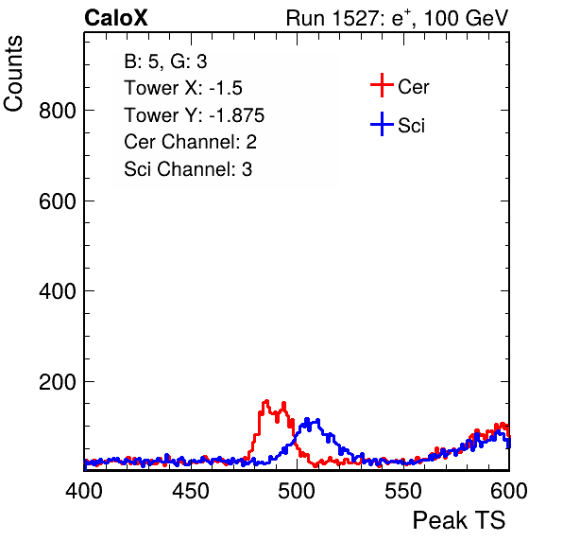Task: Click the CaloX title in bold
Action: point(116,18)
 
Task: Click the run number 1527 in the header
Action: point(355,18)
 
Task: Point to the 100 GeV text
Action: point(466,18)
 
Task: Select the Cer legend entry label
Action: point(413,87)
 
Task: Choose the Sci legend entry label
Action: point(411,126)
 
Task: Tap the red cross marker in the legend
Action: point(382,85)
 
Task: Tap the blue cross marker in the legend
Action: point(382,124)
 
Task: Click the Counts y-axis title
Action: point(13,74)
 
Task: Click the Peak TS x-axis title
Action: point(458,520)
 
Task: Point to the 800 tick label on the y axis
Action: point(58,111)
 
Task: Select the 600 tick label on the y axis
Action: point(58,201)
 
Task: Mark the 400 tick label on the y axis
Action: point(58,291)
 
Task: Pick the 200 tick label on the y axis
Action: point(58,382)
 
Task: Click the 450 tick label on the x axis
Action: point(190,491)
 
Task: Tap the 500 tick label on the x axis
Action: point(297,491)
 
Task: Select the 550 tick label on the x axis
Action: point(402,491)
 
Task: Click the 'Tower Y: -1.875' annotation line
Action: point(195,115)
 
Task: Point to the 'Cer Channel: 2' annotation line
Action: point(190,142)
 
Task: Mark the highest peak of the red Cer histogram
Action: point(266,401)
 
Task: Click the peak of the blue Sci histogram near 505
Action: point(307,420)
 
